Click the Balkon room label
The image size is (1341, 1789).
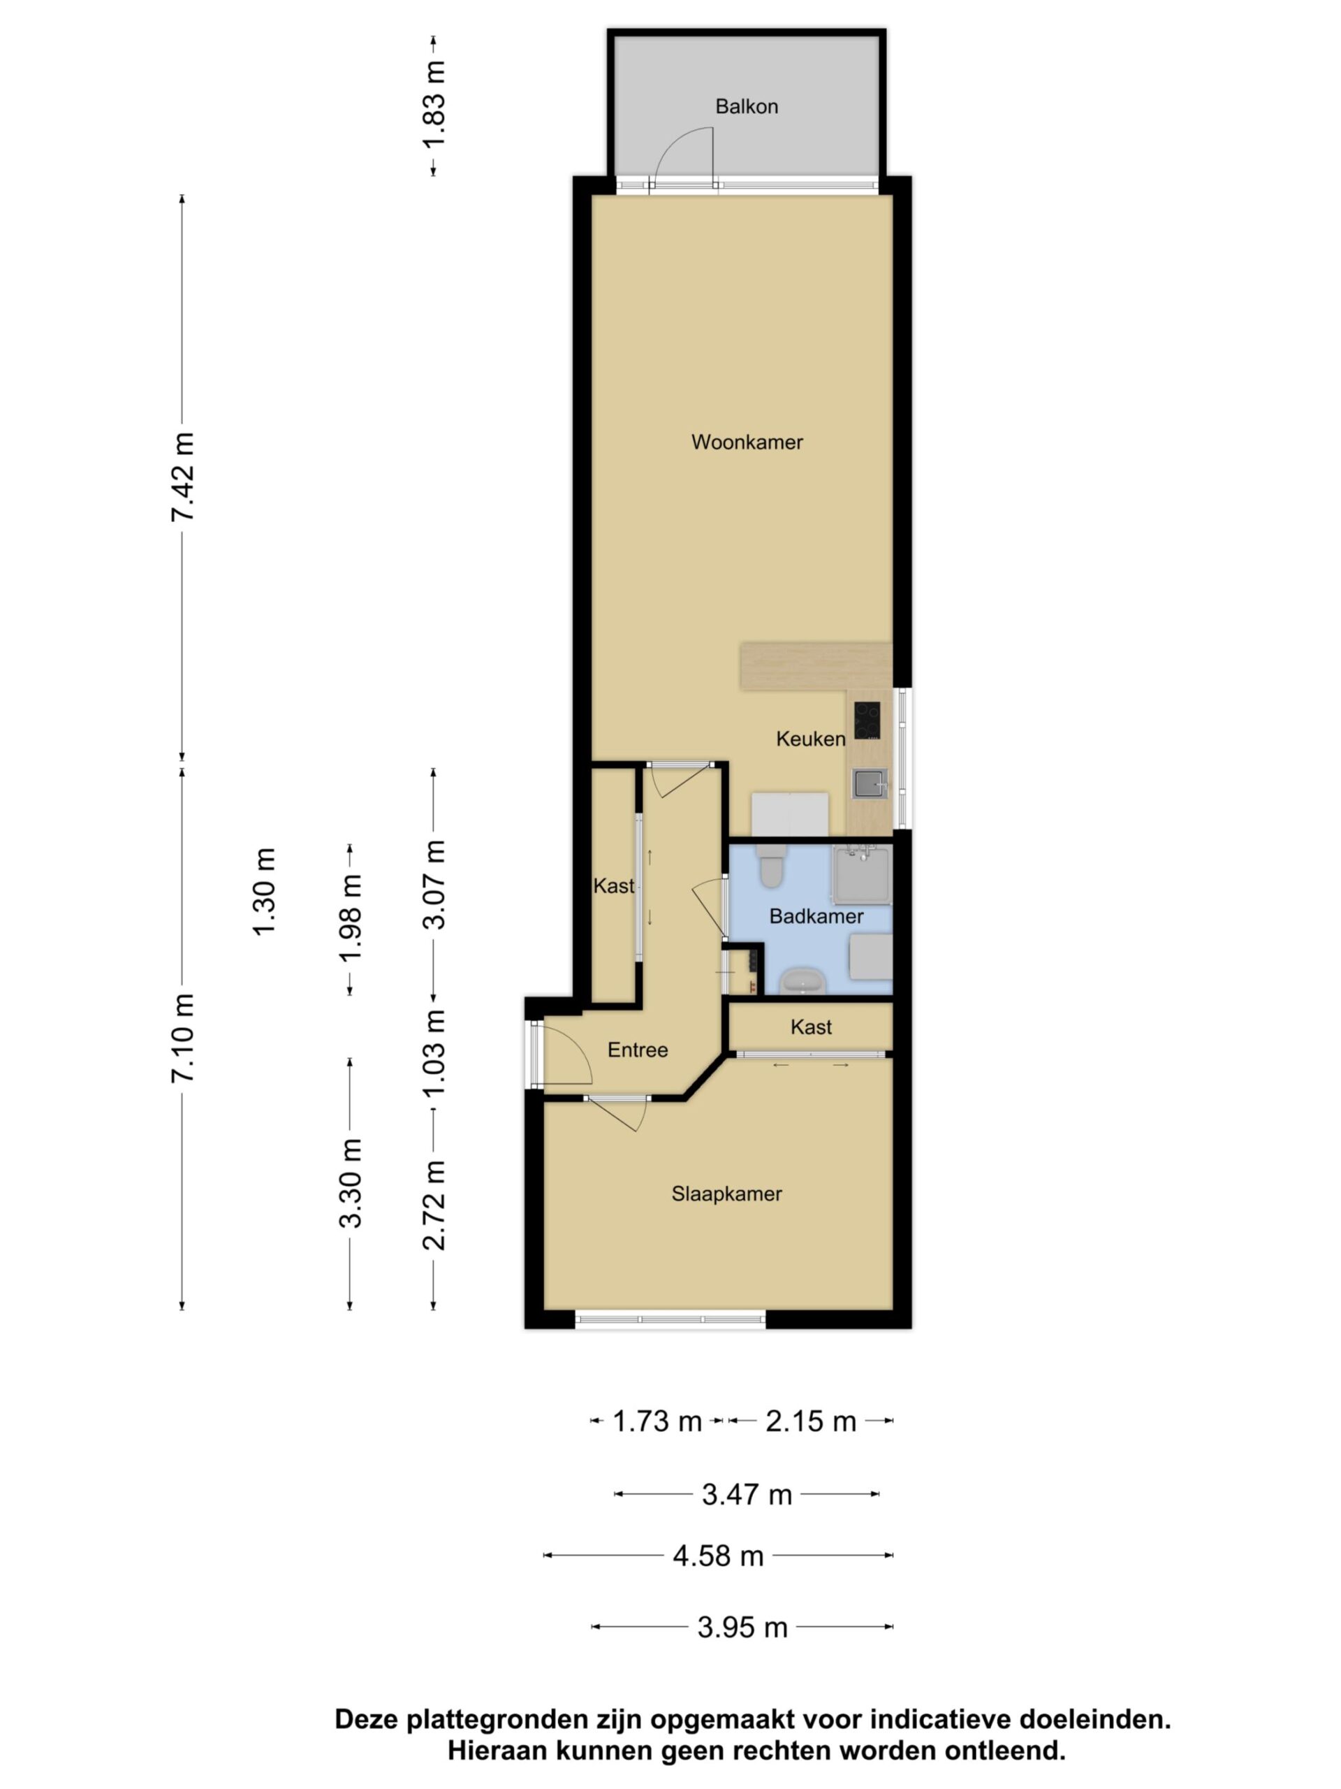coord(746,106)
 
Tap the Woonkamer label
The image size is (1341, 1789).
coord(747,442)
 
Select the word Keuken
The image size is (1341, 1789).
coord(811,737)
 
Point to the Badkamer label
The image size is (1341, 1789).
coord(816,915)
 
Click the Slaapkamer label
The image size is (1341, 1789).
coord(726,1194)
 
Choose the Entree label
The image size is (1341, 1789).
coord(638,1050)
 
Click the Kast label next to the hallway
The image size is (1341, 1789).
coord(613,885)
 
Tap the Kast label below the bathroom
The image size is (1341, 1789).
coord(811,1027)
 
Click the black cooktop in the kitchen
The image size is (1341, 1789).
coord(867,720)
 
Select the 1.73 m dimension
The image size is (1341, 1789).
coord(657,1421)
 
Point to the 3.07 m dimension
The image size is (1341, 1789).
coord(434,885)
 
